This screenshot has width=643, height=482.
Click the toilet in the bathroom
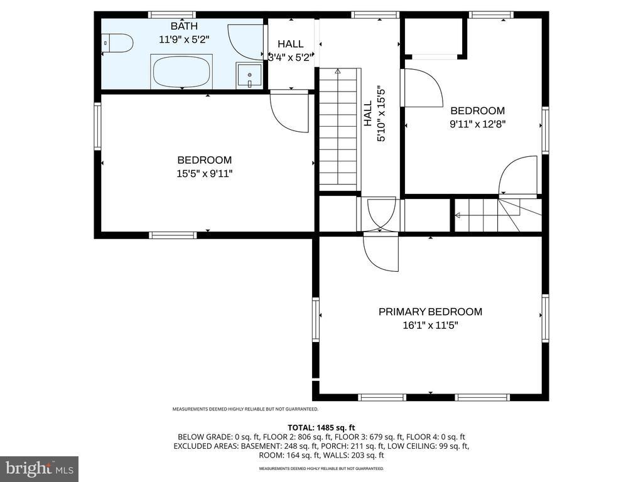click(117, 43)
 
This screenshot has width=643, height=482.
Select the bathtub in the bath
click(181, 72)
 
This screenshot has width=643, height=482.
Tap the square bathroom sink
click(249, 75)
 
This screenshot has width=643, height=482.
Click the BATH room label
click(184, 26)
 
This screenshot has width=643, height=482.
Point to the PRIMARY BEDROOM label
click(430, 311)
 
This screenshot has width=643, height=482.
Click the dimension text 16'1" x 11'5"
click(430, 326)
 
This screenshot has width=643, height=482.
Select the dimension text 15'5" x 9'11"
click(205, 173)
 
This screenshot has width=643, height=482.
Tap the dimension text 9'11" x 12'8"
click(478, 124)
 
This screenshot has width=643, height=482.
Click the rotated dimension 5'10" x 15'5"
click(381, 114)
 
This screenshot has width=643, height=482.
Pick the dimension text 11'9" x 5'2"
click(184, 40)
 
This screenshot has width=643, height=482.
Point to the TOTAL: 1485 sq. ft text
click(321, 428)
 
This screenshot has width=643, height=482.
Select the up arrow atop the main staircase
click(337, 72)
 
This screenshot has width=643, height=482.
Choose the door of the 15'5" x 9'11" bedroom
click(289, 113)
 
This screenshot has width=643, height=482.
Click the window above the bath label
click(173, 15)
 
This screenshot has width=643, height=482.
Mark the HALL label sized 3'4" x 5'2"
click(291, 44)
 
